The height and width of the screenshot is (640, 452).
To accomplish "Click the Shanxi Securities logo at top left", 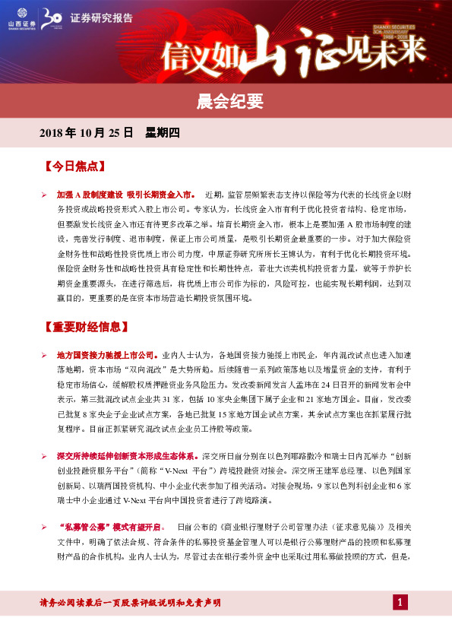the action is point(16,17).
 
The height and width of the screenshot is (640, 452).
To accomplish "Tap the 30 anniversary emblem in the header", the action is point(51,17).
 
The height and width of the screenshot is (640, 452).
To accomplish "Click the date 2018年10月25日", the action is point(85,133).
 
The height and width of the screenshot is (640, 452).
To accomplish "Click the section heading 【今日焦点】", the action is point(75,165).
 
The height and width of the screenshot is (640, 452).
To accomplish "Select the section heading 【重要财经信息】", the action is point(86,328).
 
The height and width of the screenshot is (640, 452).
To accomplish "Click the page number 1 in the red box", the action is point(401,603).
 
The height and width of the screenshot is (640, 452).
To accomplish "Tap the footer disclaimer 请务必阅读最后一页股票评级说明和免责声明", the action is point(130,603).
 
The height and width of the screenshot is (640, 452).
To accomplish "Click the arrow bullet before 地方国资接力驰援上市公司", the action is point(44,355).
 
